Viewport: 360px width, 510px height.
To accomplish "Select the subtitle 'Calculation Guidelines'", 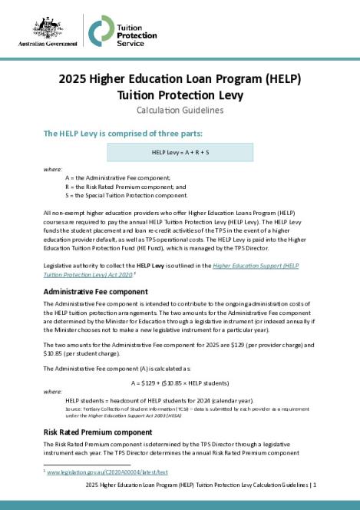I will (180, 111).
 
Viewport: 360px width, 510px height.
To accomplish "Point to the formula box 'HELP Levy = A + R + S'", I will (180, 152).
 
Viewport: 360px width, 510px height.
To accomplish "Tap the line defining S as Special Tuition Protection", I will (127, 196).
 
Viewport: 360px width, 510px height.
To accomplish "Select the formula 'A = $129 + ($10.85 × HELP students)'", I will (180, 382).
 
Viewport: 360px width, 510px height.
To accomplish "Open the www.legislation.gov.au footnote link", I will (107, 472).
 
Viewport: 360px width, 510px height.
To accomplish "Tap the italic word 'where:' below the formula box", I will (52, 167).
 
